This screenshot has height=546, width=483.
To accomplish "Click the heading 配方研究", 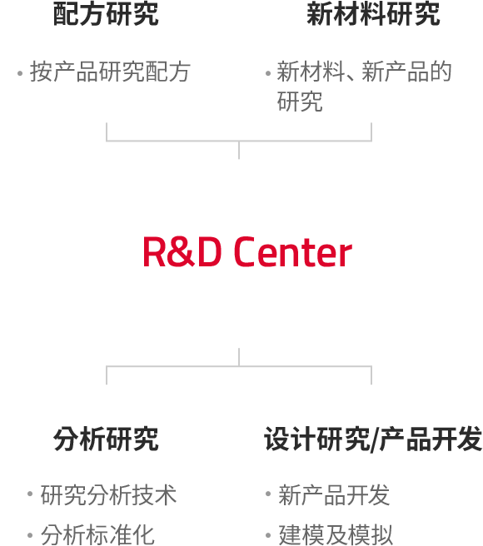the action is click(x=106, y=14).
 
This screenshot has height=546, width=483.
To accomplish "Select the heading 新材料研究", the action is click(x=373, y=14).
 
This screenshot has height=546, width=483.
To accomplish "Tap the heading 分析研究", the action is click(x=106, y=439).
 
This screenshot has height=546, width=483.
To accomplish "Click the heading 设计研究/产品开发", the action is click(x=373, y=439).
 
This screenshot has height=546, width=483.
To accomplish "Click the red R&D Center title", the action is click(x=247, y=251).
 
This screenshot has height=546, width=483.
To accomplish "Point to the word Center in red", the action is click(x=293, y=251).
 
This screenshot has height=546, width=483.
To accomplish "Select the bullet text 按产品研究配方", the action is click(x=110, y=72).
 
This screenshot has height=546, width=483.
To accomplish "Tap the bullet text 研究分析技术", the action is click(x=109, y=494).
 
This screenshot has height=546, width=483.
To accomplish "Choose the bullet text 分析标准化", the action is click(x=97, y=534).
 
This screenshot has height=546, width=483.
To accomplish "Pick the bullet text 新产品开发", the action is click(x=334, y=494).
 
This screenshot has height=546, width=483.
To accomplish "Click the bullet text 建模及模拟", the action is click(x=336, y=534).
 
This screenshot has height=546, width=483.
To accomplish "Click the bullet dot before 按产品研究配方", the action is click(x=20, y=73).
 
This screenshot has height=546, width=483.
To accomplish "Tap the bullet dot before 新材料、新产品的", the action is click(x=268, y=73).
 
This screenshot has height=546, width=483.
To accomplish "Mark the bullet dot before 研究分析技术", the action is click(x=30, y=494).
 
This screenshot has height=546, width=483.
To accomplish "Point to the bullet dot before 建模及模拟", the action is click(x=268, y=534).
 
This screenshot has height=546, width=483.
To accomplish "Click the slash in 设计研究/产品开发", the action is click(x=375, y=439).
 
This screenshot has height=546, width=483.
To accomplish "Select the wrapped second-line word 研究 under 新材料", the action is click(x=300, y=102).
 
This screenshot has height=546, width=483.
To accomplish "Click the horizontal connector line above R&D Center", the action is click(x=239, y=141).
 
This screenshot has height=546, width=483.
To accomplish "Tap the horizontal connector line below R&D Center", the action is click(x=239, y=366).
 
